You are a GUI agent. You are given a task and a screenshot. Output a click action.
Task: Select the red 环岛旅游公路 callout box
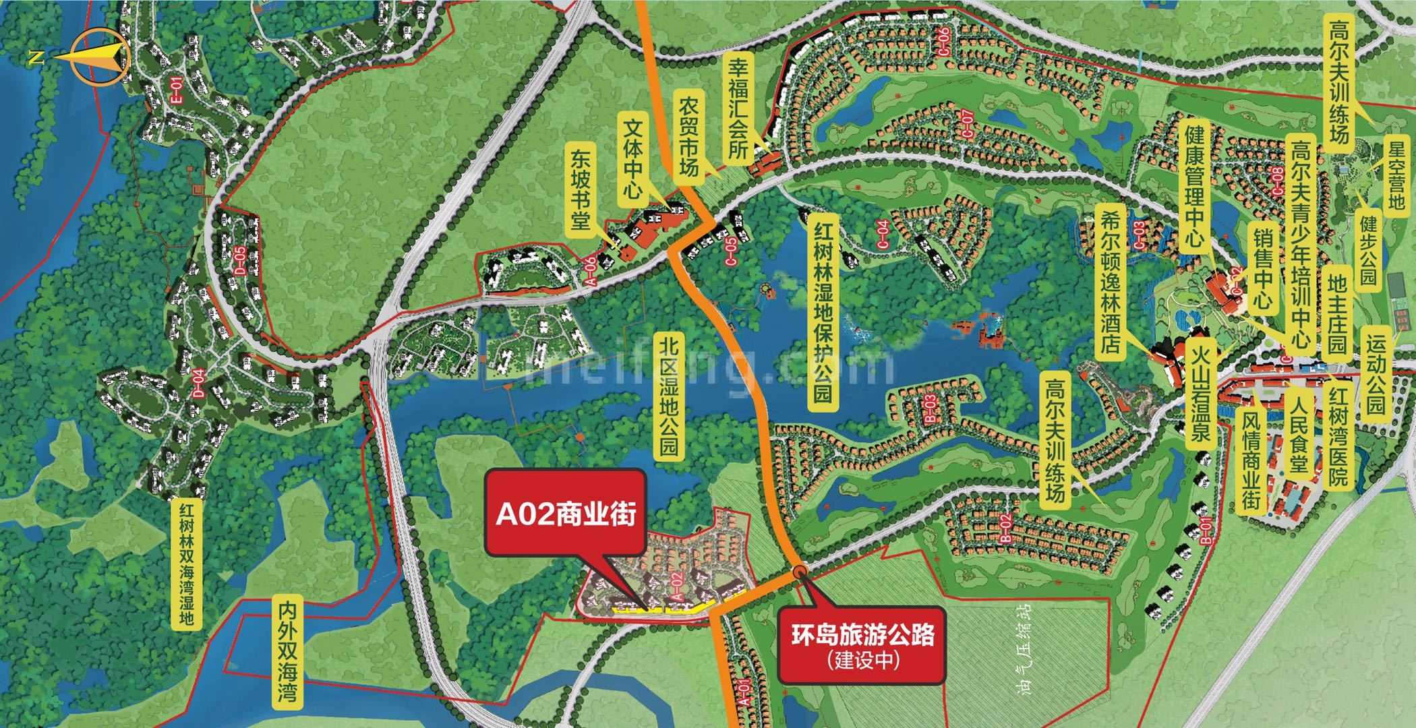(x=862, y=646)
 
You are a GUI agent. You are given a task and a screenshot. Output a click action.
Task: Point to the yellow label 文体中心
(x=632, y=160)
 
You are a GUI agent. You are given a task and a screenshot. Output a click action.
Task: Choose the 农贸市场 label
(x=688, y=135)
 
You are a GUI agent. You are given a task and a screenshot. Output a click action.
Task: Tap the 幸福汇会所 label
(x=739, y=109)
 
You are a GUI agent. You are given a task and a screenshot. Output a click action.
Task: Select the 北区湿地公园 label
(x=669, y=398)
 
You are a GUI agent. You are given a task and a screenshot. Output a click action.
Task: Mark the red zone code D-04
(x=199, y=385)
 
